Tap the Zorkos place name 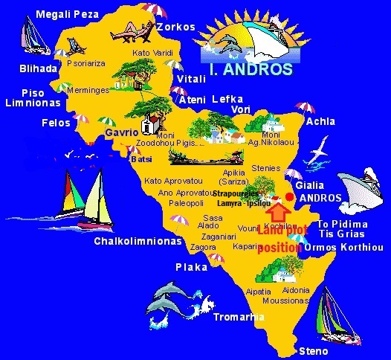pyautogui.click(x=175, y=27)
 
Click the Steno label pyautogui.click(x=311, y=350)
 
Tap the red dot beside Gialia pyautogui.click(x=289, y=196)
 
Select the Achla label pyautogui.click(x=320, y=121)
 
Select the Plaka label pyautogui.click(x=191, y=267)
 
